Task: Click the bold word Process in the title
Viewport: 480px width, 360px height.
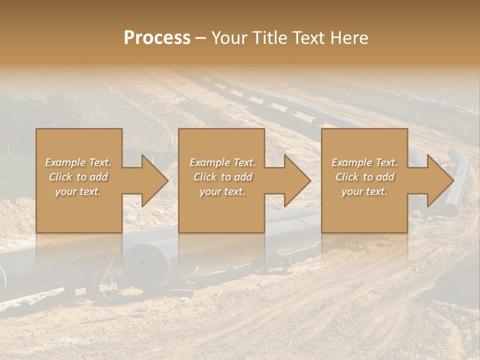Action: tap(157, 37)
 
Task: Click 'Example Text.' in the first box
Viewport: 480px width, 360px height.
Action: tap(78, 162)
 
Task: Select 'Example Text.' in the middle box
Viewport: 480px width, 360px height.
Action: tap(222, 162)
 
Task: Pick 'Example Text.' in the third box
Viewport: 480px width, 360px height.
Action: tap(364, 162)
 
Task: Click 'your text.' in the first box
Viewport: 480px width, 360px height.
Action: tap(78, 191)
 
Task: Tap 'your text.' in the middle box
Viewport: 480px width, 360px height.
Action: tap(222, 191)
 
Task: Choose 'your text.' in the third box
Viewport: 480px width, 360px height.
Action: tap(364, 191)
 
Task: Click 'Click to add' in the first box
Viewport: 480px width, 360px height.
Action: tap(78, 177)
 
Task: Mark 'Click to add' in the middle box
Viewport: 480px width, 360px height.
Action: tap(222, 177)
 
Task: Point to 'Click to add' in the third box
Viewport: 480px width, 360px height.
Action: tap(364, 177)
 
